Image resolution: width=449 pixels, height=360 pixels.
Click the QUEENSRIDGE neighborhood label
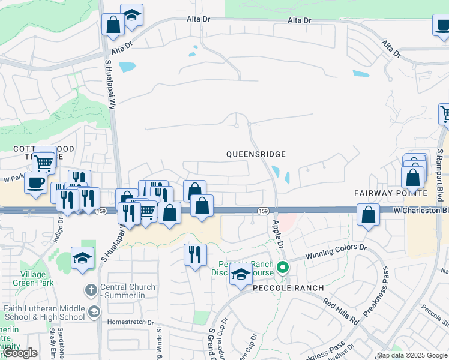[x=255, y=154]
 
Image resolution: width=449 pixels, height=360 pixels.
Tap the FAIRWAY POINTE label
[x=390, y=193]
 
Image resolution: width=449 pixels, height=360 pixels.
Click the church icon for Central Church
[x=91, y=290]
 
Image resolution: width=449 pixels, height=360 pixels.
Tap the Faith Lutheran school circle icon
[x=94, y=311]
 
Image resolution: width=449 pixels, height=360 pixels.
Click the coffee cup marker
[x=35, y=182]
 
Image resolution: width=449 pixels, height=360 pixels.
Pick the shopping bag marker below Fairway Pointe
[x=368, y=214]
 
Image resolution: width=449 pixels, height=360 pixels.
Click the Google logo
[x=20, y=353]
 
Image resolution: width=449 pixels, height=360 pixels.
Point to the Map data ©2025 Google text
[x=412, y=355]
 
